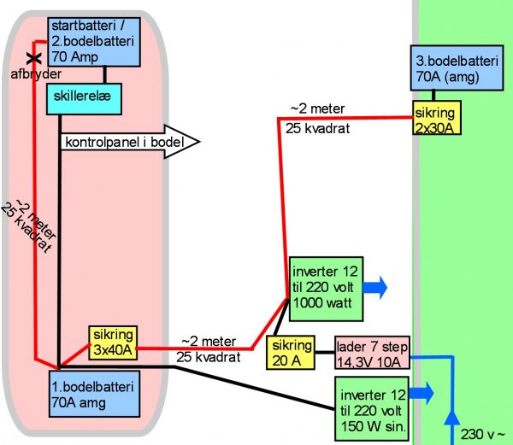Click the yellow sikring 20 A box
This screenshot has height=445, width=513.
pos(290,354)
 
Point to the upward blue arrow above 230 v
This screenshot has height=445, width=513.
pos(452,418)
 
